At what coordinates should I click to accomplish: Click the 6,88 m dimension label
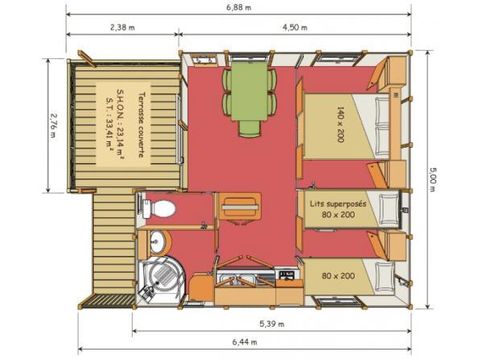point(239,7)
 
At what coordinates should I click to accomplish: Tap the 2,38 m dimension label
point(123,27)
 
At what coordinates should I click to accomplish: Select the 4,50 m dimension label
point(295,27)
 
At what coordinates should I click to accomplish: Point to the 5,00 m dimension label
point(431,179)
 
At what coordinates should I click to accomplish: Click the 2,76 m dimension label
point(53,125)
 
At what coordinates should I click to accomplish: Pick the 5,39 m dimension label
point(272,324)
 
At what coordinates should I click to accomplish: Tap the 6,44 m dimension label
point(245,342)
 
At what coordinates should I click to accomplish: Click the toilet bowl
point(159,209)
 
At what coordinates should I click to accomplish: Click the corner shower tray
point(161,278)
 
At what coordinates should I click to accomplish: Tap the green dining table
point(249,91)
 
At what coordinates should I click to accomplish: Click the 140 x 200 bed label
point(340,124)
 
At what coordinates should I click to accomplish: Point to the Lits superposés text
point(338,204)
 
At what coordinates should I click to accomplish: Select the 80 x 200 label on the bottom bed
point(338,276)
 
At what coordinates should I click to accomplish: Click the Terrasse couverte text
point(141,125)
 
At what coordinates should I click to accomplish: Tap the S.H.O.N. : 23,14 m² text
point(120,124)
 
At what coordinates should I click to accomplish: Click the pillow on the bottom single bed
point(384,277)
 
